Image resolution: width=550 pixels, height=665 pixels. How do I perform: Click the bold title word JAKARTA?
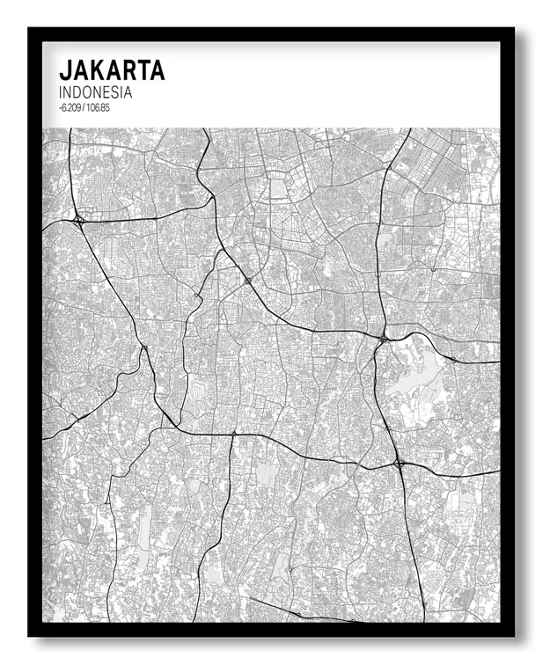(112, 70)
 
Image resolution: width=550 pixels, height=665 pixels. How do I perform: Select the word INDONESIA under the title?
(96, 92)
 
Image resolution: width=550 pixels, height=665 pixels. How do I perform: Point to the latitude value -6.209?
(71, 107)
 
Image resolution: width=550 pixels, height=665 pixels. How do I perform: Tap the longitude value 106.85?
(99, 107)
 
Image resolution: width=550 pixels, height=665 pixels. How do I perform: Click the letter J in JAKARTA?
(64, 70)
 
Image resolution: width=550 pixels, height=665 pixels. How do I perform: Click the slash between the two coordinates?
(86, 107)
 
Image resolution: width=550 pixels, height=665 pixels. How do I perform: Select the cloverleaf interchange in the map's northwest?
(78, 220)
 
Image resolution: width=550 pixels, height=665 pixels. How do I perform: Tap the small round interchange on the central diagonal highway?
(248, 281)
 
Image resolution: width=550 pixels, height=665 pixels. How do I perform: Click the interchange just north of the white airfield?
(383, 338)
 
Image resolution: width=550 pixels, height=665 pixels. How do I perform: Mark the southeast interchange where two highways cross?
(399, 462)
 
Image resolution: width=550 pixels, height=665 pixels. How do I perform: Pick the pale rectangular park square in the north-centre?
(280, 188)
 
